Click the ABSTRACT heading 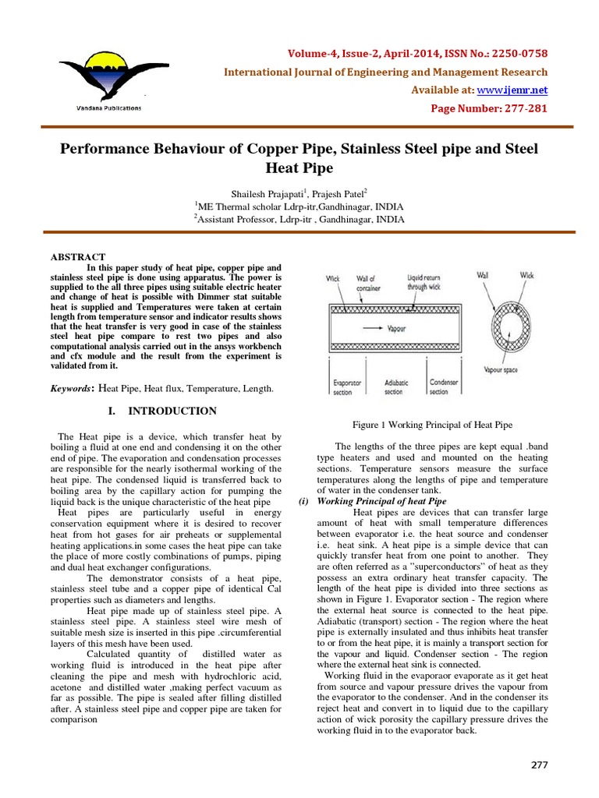(77, 256)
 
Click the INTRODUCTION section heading (172, 411)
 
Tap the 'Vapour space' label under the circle (500, 369)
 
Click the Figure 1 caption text (432, 425)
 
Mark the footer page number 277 (540, 765)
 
